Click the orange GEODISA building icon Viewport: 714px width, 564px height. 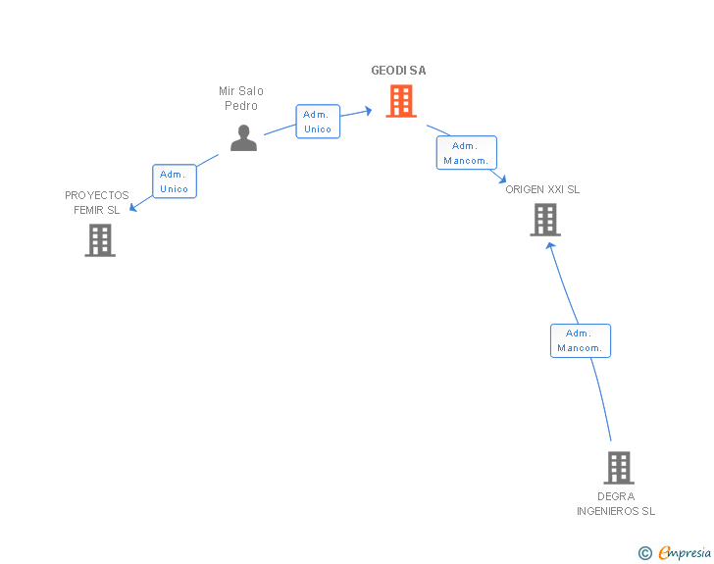tap(401, 101)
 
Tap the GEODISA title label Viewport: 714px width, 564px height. tap(398, 71)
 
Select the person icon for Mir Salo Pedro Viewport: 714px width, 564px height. tap(243, 137)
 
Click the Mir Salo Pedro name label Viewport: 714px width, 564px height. tap(241, 98)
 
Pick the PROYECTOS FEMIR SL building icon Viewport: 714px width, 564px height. tap(100, 240)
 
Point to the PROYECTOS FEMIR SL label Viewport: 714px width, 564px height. tap(96, 203)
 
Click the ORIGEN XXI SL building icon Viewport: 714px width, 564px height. tap(545, 220)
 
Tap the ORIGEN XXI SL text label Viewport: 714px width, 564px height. tap(542, 189)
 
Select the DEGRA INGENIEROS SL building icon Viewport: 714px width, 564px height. tap(619, 468)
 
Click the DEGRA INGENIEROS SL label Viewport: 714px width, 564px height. tap(616, 504)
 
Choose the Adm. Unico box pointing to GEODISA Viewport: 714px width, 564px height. tap(318, 122)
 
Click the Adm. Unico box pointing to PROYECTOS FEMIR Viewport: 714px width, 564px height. tap(175, 181)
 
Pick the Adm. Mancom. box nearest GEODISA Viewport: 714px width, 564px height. tap(466, 153)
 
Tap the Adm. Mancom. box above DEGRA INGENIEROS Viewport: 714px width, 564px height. tap(581, 340)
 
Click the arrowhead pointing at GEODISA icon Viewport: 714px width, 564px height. tap(368, 111)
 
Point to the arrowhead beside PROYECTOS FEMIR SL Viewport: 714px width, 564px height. tap(133, 207)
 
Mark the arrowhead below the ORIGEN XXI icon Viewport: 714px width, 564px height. tap(551, 246)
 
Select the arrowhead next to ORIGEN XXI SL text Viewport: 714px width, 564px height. tap(502, 179)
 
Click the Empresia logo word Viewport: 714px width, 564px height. tap(685, 552)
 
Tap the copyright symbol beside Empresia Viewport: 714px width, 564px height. tap(644, 553)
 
